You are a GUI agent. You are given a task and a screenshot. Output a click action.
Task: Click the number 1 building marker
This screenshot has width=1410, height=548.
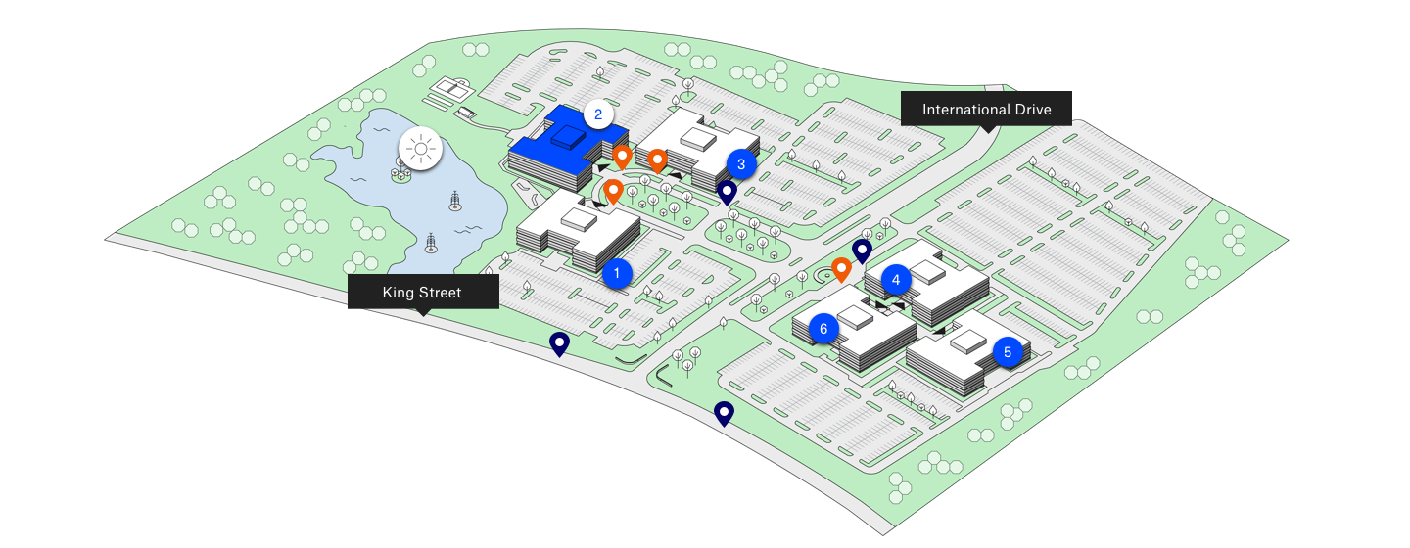(617, 273)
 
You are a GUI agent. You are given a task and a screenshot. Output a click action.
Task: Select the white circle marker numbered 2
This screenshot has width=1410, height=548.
(598, 114)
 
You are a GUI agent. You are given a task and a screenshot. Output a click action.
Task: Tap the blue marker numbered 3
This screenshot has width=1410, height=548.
(741, 164)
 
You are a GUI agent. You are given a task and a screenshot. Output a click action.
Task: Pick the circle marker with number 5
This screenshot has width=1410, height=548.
(1008, 351)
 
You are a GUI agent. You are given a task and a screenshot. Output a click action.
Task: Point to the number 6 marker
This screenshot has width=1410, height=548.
(823, 329)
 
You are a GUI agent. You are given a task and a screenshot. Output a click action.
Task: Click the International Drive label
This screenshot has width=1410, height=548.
(986, 109)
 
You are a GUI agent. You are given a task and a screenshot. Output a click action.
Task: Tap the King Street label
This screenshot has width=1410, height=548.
(422, 292)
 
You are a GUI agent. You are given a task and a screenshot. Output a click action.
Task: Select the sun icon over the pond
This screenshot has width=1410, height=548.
(421, 150)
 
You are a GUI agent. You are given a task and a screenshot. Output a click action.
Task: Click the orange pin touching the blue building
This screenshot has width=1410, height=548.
(621, 157)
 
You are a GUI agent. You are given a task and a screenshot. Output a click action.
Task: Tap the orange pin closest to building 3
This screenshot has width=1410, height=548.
(657, 160)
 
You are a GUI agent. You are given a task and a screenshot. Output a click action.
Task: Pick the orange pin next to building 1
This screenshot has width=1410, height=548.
(613, 190)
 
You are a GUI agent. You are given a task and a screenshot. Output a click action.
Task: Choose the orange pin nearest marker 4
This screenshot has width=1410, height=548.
(840, 268)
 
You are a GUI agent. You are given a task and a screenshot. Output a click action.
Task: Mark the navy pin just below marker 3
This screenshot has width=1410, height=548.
(727, 191)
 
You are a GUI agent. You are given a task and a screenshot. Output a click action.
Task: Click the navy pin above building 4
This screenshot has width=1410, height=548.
(862, 251)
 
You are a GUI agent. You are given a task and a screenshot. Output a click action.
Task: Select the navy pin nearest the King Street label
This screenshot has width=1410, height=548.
(559, 342)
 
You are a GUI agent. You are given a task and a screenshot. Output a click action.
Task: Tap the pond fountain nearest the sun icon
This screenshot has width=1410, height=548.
(455, 202)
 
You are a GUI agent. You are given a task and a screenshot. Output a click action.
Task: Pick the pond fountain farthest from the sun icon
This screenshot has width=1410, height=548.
(431, 242)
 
